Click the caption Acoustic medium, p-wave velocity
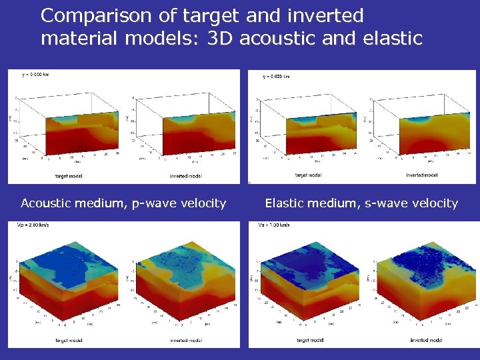123,203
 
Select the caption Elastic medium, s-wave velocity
361,203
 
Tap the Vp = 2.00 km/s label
33,225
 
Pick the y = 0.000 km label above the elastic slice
276,77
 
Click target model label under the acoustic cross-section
69,177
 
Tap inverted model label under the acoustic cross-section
185,177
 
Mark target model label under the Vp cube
69,341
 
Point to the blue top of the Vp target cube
60,263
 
